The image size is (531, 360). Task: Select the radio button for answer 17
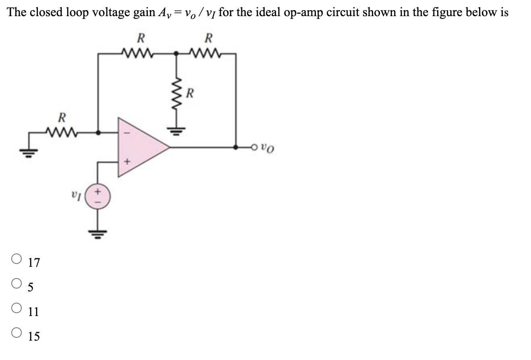tap(17, 258)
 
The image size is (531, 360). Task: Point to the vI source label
tap(81, 198)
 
